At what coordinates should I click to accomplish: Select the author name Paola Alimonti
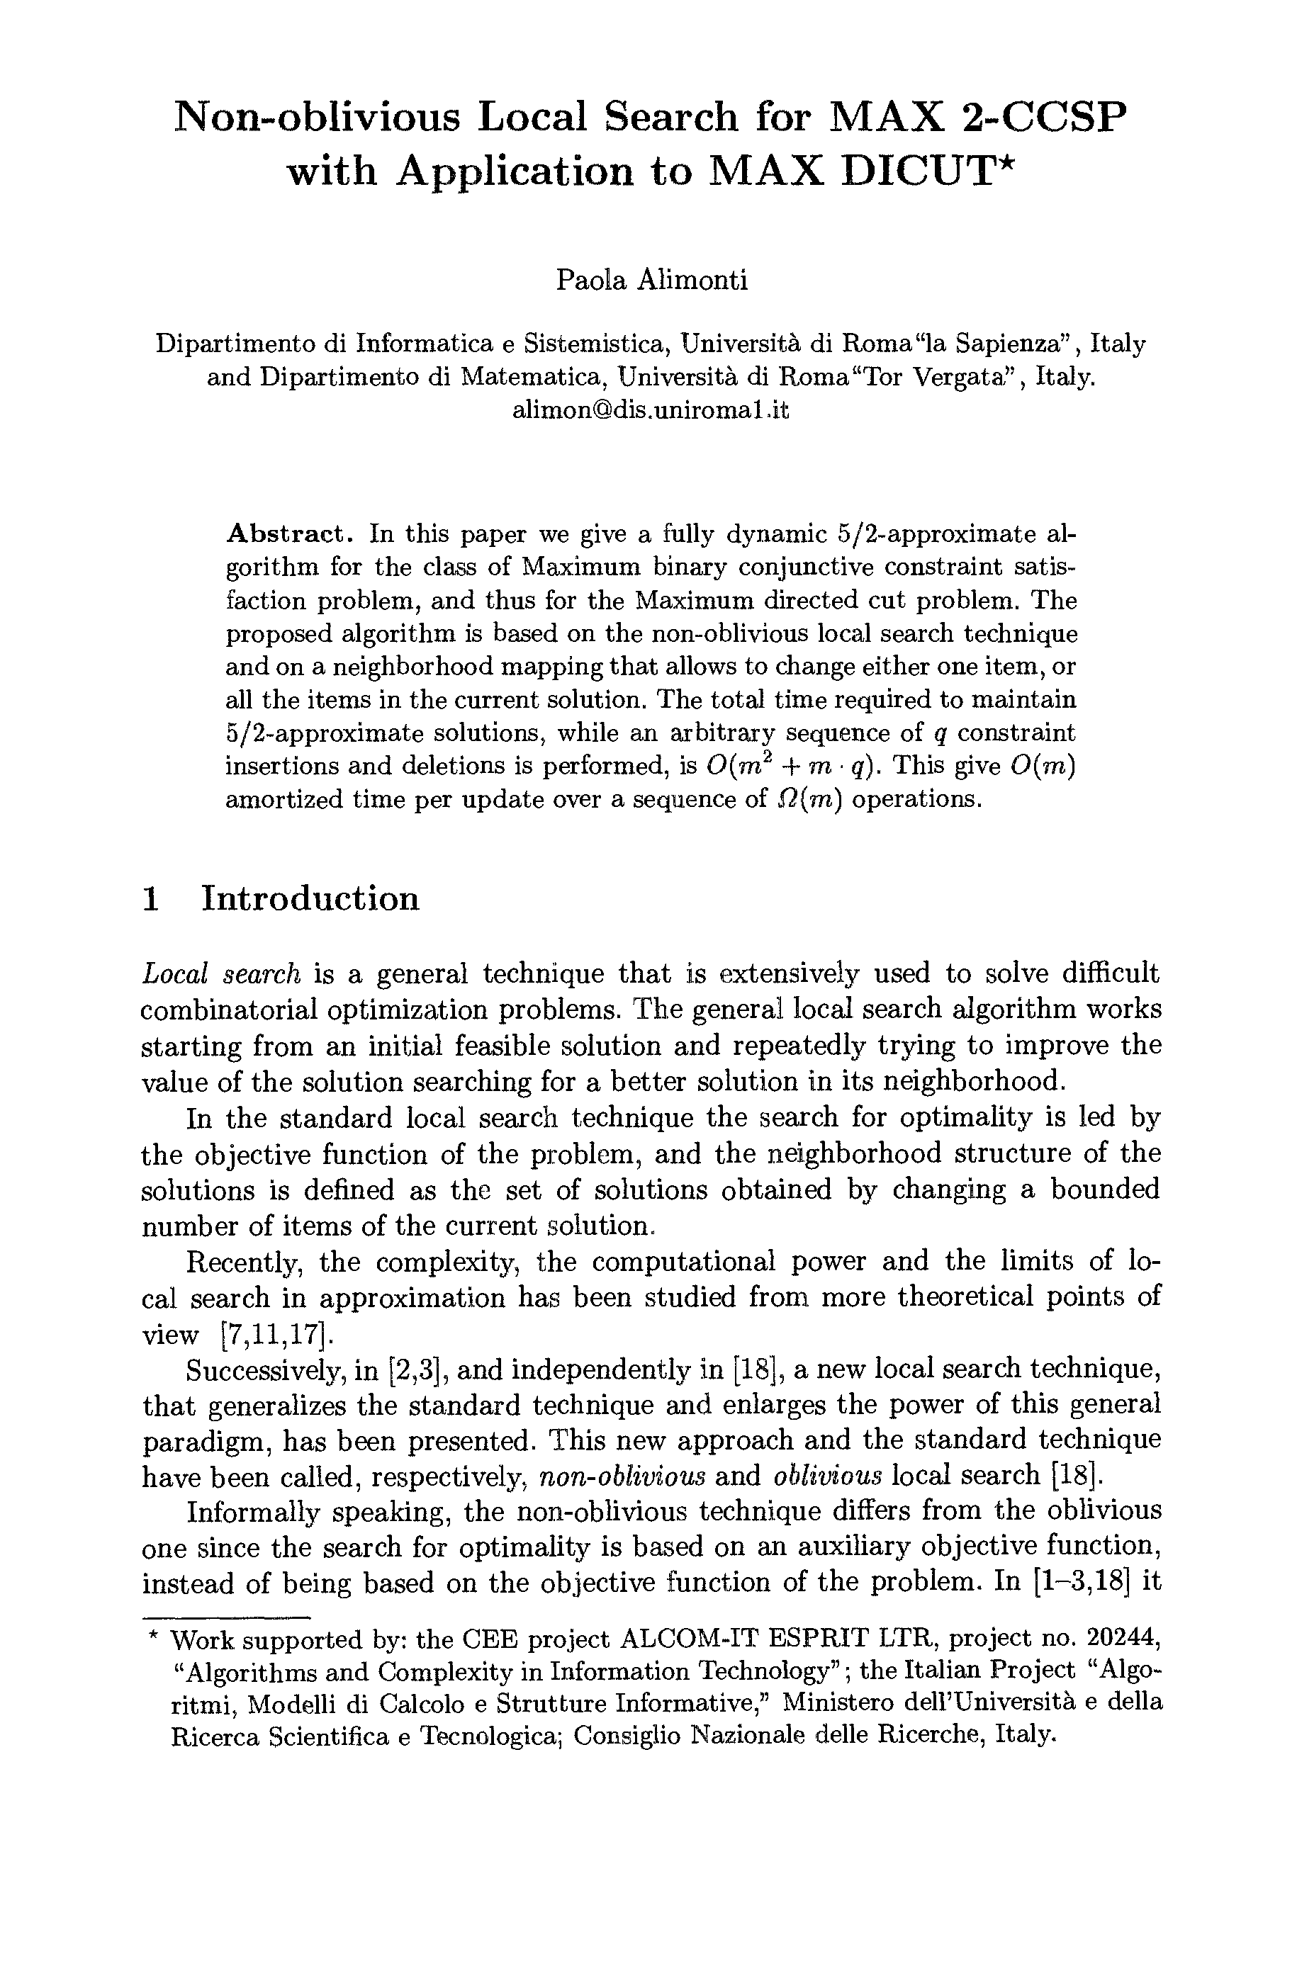point(651,281)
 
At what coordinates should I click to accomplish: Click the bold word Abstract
point(288,533)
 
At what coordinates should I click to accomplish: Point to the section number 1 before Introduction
point(150,898)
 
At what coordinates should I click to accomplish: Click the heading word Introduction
point(310,898)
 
